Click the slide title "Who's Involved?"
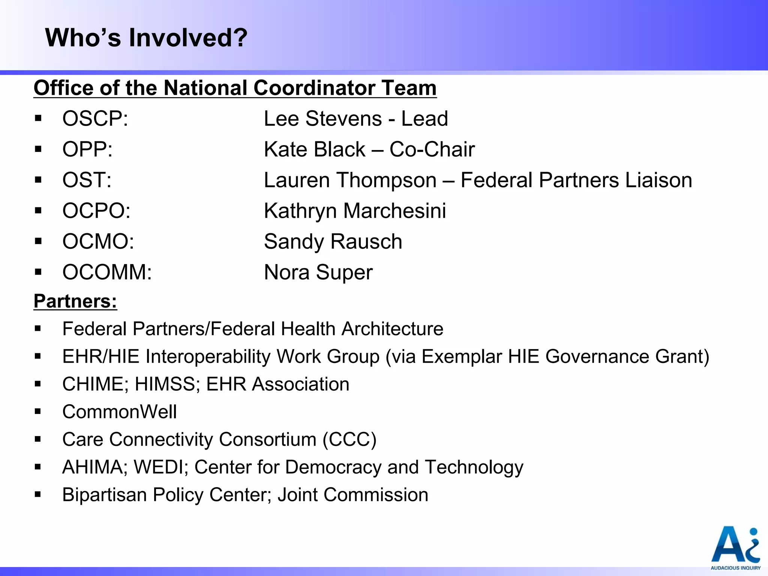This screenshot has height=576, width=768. pos(146,38)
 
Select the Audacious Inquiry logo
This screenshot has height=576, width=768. pos(735,548)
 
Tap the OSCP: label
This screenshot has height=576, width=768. pos(95,118)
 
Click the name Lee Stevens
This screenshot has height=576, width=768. pos(323,118)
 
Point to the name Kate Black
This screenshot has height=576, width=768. pos(315,149)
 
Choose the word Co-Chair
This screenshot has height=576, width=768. pos(432,149)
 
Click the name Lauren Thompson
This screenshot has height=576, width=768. pos(350,180)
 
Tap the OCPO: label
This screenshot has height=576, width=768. pos(96,211)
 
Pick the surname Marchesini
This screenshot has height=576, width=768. pos(394,211)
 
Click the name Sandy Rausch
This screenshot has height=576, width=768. pos(333,241)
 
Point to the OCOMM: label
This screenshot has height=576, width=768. pos(107,272)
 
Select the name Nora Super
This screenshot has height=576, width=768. pos(318,272)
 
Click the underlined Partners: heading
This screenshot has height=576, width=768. pos(75,301)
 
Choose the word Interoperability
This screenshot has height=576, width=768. pos(208,356)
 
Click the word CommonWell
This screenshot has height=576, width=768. pos(119,412)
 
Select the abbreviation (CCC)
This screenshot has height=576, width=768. pos(349,439)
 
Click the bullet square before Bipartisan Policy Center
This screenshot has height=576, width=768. pos(37,494)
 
